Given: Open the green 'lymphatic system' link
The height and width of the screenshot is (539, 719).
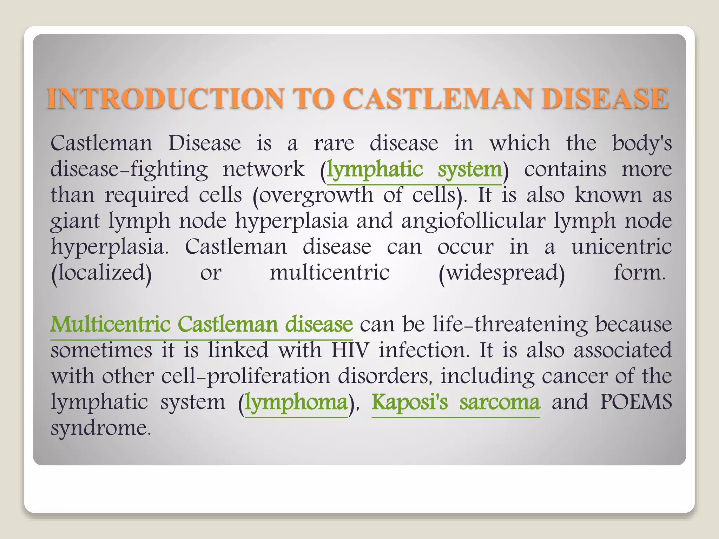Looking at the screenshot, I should pos(414,170).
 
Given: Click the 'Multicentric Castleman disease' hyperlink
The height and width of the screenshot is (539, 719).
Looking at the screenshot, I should pos(202,324).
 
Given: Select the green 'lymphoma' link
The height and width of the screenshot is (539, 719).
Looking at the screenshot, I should pos(296,402).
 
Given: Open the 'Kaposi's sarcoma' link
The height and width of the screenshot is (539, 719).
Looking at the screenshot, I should pos(455,402).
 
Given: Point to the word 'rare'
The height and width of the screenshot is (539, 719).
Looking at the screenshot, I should pos(334,144).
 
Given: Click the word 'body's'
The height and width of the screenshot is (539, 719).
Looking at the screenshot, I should pos(642,144).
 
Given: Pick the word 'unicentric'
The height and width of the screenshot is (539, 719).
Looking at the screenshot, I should pos(622,247).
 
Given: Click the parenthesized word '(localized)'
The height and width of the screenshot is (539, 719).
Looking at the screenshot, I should pos(101,273).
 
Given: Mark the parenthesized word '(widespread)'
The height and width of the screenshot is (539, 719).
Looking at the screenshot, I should pos(502,273).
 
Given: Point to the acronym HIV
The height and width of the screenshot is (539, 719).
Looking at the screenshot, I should pos(350,350).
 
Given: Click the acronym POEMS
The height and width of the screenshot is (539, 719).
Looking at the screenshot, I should pos(636,402).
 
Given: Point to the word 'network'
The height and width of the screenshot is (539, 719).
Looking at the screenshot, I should pos(264,170).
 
